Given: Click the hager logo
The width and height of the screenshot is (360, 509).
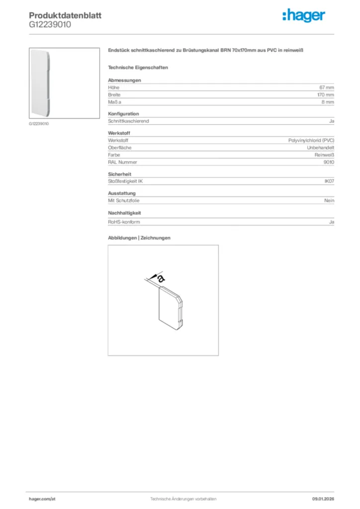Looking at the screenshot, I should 304,16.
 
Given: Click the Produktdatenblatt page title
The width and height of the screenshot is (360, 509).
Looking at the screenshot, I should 65,15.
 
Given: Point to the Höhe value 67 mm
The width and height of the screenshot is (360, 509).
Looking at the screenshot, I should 327,87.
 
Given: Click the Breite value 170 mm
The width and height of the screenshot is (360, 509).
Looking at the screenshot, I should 326,94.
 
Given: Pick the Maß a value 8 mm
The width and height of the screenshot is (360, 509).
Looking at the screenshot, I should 328,101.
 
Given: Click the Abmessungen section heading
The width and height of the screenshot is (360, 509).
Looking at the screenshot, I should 124,80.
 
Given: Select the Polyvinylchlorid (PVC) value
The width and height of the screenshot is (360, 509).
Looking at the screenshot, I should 311,141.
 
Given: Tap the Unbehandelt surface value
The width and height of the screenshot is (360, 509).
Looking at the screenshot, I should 321,148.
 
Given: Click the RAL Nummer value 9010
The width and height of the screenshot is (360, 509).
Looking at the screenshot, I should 329,162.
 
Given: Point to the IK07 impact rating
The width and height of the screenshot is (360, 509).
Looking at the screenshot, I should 329,181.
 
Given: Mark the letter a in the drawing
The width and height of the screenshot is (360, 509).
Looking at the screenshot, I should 161,278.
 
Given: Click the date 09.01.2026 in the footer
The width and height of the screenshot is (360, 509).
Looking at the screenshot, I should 323,498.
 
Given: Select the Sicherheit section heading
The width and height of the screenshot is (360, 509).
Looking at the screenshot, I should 120,174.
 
